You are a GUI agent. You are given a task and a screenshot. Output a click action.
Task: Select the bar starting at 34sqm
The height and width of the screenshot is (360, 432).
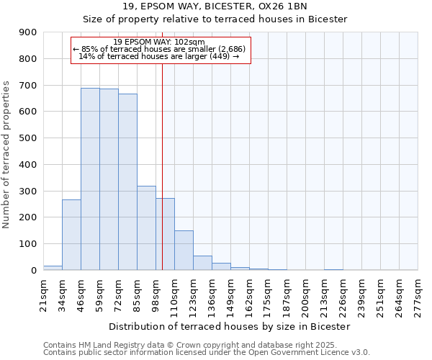[71, 235]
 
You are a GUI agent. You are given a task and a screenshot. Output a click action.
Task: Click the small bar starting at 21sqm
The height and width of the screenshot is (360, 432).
[53, 268]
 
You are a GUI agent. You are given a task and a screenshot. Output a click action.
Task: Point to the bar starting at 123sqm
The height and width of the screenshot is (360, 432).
[202, 263]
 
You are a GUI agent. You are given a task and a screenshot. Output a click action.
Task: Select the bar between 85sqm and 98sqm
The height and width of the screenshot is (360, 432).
[146, 228]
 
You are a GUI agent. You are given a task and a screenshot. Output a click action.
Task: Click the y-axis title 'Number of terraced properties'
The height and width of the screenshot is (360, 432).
[6, 155]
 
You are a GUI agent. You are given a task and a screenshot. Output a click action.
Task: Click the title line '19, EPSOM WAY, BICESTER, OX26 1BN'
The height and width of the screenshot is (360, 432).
[215, 6]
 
